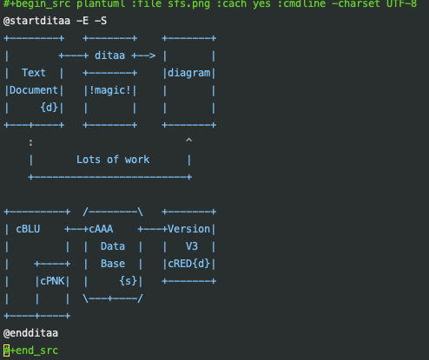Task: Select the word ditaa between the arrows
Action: tap(109, 56)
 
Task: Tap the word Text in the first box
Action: tap(34, 73)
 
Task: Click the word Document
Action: tap(34, 90)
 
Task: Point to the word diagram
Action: tap(189, 74)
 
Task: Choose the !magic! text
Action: tap(109, 90)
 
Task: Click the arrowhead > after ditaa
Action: tap(152, 56)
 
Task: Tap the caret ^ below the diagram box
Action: tap(188, 141)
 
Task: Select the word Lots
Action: tap(89, 160)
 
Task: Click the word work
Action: tap(137, 160)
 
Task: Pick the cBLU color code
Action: tap(28, 229)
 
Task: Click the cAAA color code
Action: tap(101, 229)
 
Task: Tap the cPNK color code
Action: tap(52, 281)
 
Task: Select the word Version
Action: tap(188, 229)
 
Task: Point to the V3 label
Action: tap(192, 246)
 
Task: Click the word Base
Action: tap(113, 264)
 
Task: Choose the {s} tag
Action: tap(128, 281)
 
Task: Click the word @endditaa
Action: tap(30, 333)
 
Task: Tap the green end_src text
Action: tap(36, 350)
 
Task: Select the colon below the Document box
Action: tap(30, 142)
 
